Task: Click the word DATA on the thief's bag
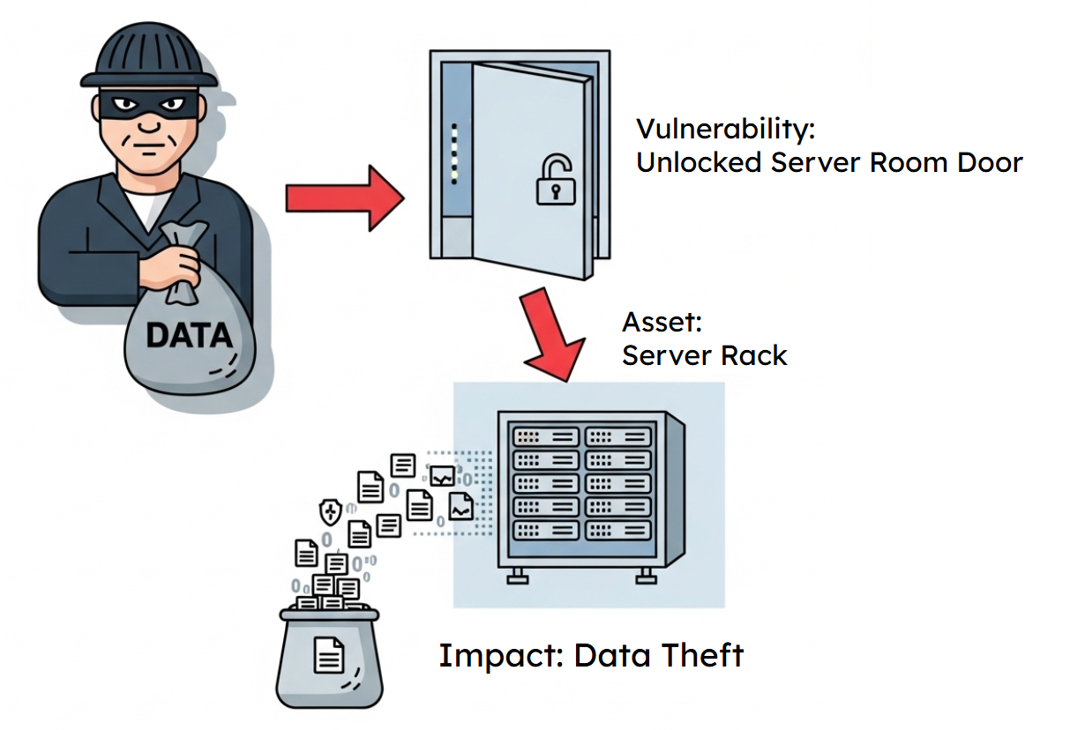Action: pyautogui.click(x=188, y=336)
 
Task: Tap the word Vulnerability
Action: pyautogui.click(x=726, y=130)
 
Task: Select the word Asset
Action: pyautogui.click(x=662, y=323)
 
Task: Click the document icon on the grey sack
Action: pyautogui.click(x=329, y=654)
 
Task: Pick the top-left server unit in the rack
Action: pyautogui.click(x=546, y=436)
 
